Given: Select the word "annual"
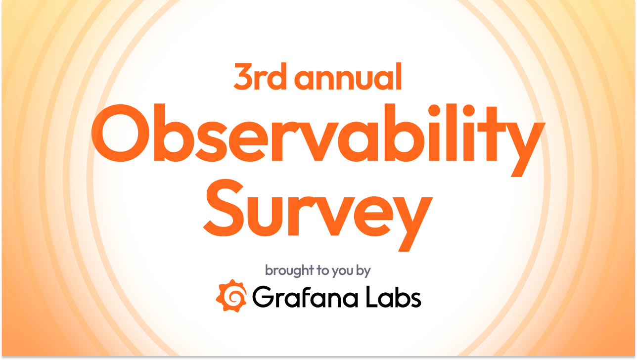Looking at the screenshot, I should pos(347,78).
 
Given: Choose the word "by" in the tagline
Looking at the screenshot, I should pos(364,271).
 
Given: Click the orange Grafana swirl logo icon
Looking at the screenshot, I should pos(231,296).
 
